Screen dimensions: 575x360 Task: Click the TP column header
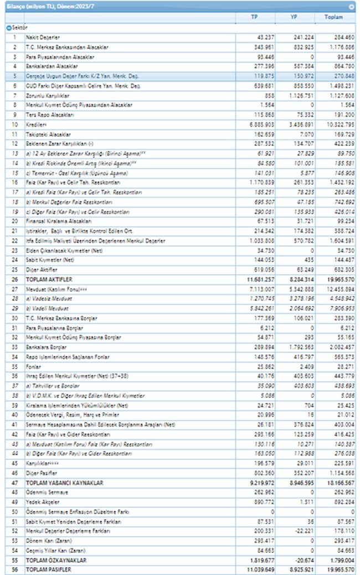254,17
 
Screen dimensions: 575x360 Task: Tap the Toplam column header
334,17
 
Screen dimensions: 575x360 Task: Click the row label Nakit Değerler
42,37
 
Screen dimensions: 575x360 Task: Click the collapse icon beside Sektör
8,27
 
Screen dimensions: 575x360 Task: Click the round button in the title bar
352,7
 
